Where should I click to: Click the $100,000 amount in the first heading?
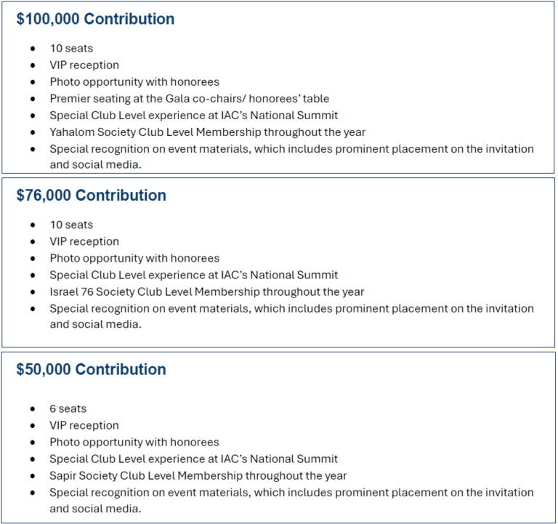click(x=47, y=19)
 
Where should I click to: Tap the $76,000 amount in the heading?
click(x=44, y=196)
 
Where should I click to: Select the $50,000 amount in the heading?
click(x=44, y=369)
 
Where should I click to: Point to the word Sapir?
click(x=64, y=476)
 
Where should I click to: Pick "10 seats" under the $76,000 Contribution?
click(x=71, y=225)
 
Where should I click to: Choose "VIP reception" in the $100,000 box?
click(x=84, y=65)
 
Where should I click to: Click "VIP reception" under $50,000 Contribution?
click(x=84, y=426)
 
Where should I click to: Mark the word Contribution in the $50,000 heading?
click(x=121, y=369)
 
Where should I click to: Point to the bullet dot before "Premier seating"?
click(x=33, y=99)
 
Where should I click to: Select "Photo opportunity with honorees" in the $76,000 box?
click(x=134, y=259)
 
